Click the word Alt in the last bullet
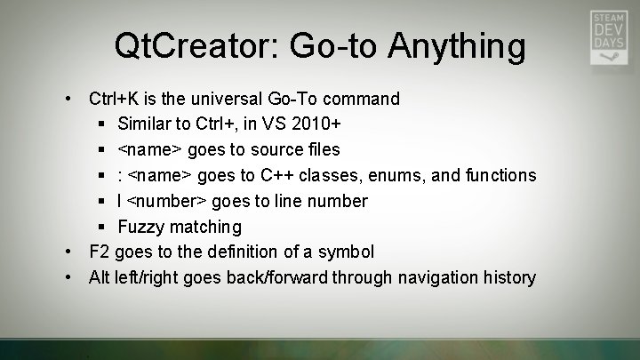[x=100, y=278]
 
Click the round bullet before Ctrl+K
[x=68, y=98]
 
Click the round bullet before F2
[x=68, y=252]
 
